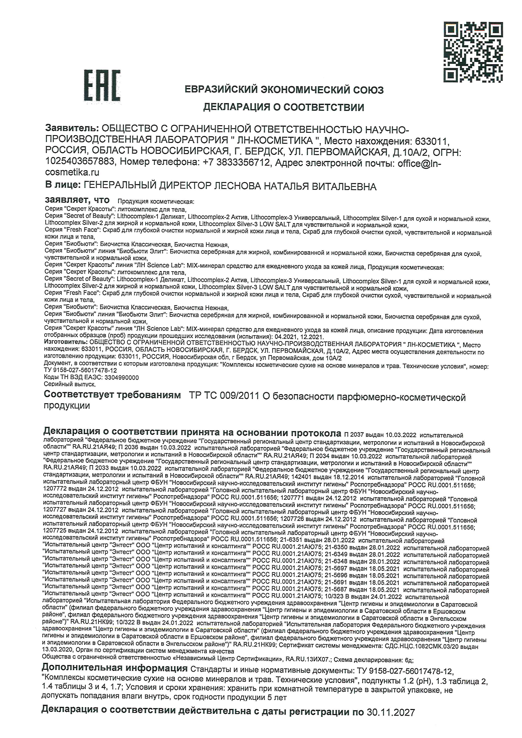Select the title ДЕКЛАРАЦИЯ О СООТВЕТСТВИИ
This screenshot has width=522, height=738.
284,107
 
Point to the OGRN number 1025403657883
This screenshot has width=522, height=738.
80,161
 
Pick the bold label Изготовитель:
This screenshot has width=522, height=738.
66,342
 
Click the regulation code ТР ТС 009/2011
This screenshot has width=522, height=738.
224,396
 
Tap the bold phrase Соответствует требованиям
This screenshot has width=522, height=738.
112,395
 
